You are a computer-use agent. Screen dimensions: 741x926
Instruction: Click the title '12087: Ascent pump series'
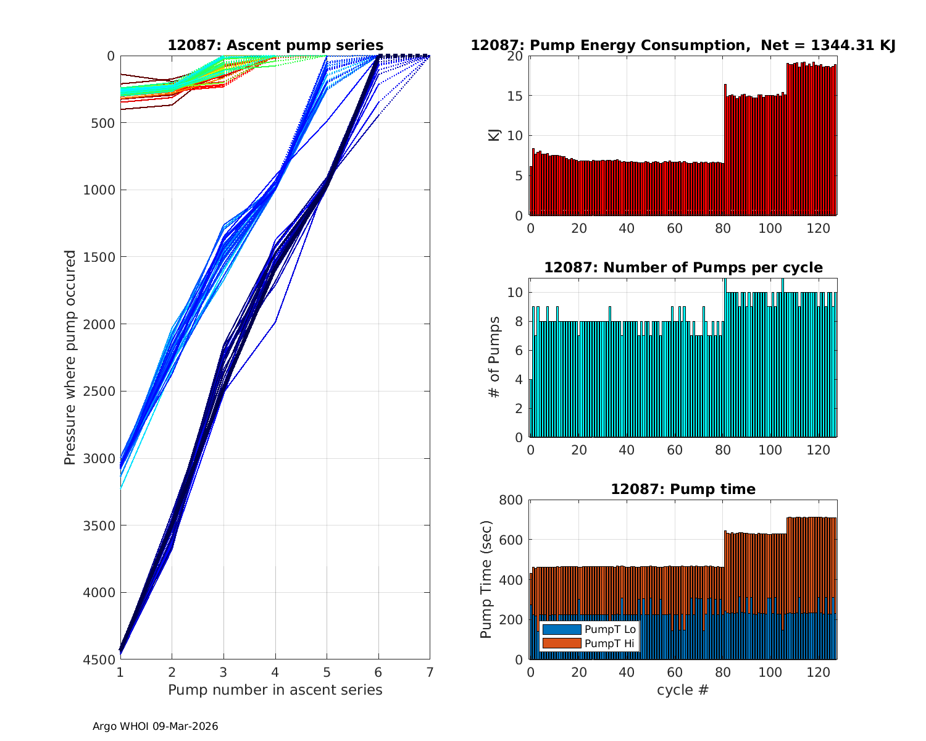[275, 45]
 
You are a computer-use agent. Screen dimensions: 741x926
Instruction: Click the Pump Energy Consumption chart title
[683, 45]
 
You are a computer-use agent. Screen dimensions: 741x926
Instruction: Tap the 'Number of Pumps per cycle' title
[683, 267]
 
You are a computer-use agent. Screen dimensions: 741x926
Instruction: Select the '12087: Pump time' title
[683, 489]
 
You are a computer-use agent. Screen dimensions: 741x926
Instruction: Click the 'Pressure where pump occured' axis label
[70, 358]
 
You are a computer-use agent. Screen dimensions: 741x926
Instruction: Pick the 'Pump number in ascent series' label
[275, 690]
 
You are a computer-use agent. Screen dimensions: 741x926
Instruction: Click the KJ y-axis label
[494, 135]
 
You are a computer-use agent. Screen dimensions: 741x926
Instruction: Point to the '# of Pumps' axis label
[494, 357]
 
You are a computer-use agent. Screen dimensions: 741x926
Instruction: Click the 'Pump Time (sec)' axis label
[486, 579]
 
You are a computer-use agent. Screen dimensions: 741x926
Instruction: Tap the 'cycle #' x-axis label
[683, 690]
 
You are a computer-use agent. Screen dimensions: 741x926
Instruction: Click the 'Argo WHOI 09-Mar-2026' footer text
[155, 726]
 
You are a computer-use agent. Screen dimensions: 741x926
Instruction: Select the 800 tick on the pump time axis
[514, 500]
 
